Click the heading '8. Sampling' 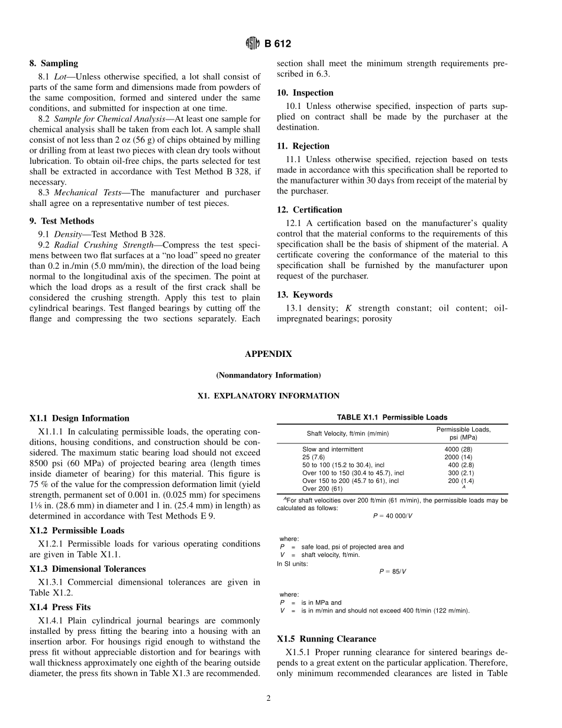point(53,63)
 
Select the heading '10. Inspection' point(305,93)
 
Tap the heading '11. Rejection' point(303,146)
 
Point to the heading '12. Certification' point(309,210)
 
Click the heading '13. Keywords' point(305,295)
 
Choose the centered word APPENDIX point(268,354)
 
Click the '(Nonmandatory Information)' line point(268,375)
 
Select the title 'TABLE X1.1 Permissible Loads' point(392,417)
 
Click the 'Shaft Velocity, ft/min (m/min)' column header point(347,433)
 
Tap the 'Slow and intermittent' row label point(332,450)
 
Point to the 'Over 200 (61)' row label point(322,489)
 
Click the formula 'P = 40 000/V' point(392,516)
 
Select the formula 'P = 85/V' point(392,572)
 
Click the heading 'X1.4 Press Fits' point(60,607)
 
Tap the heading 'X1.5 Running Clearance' point(326,639)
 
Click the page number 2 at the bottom point(268,698)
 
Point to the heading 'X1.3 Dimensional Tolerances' point(87,569)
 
